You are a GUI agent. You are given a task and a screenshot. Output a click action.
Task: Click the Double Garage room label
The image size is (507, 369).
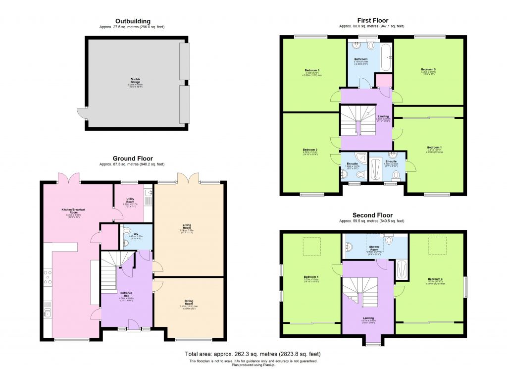point(135,80)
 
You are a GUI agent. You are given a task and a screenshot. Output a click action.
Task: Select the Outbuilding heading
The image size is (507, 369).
point(133,21)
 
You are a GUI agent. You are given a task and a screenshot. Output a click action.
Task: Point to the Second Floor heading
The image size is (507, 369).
point(372,215)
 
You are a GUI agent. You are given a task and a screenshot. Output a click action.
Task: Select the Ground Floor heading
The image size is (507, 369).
point(133,158)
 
